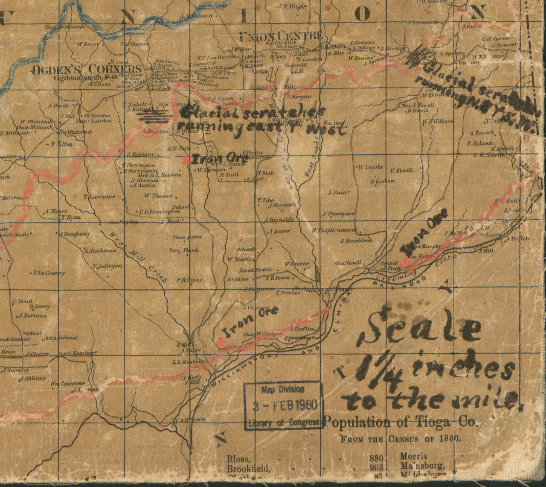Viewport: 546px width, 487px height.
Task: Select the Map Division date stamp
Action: (x=283, y=405)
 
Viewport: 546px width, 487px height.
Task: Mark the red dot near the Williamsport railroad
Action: (x=220, y=341)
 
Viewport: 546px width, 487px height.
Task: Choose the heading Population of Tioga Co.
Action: (x=401, y=423)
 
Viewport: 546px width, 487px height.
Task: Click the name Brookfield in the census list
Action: (x=248, y=468)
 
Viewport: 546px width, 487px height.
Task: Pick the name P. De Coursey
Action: (x=48, y=273)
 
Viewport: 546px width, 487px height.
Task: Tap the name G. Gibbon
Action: (x=383, y=181)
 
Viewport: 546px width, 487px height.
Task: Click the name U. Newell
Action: (x=401, y=170)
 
